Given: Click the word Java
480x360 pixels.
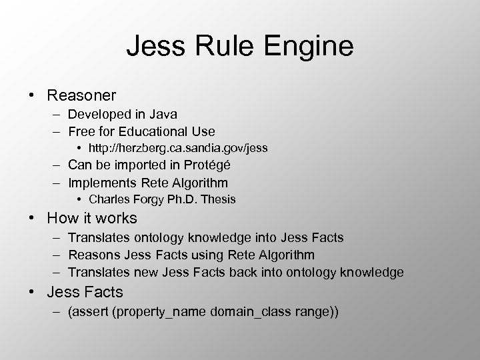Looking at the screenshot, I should [x=162, y=115].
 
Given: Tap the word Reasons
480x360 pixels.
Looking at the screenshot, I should [x=93, y=255].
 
